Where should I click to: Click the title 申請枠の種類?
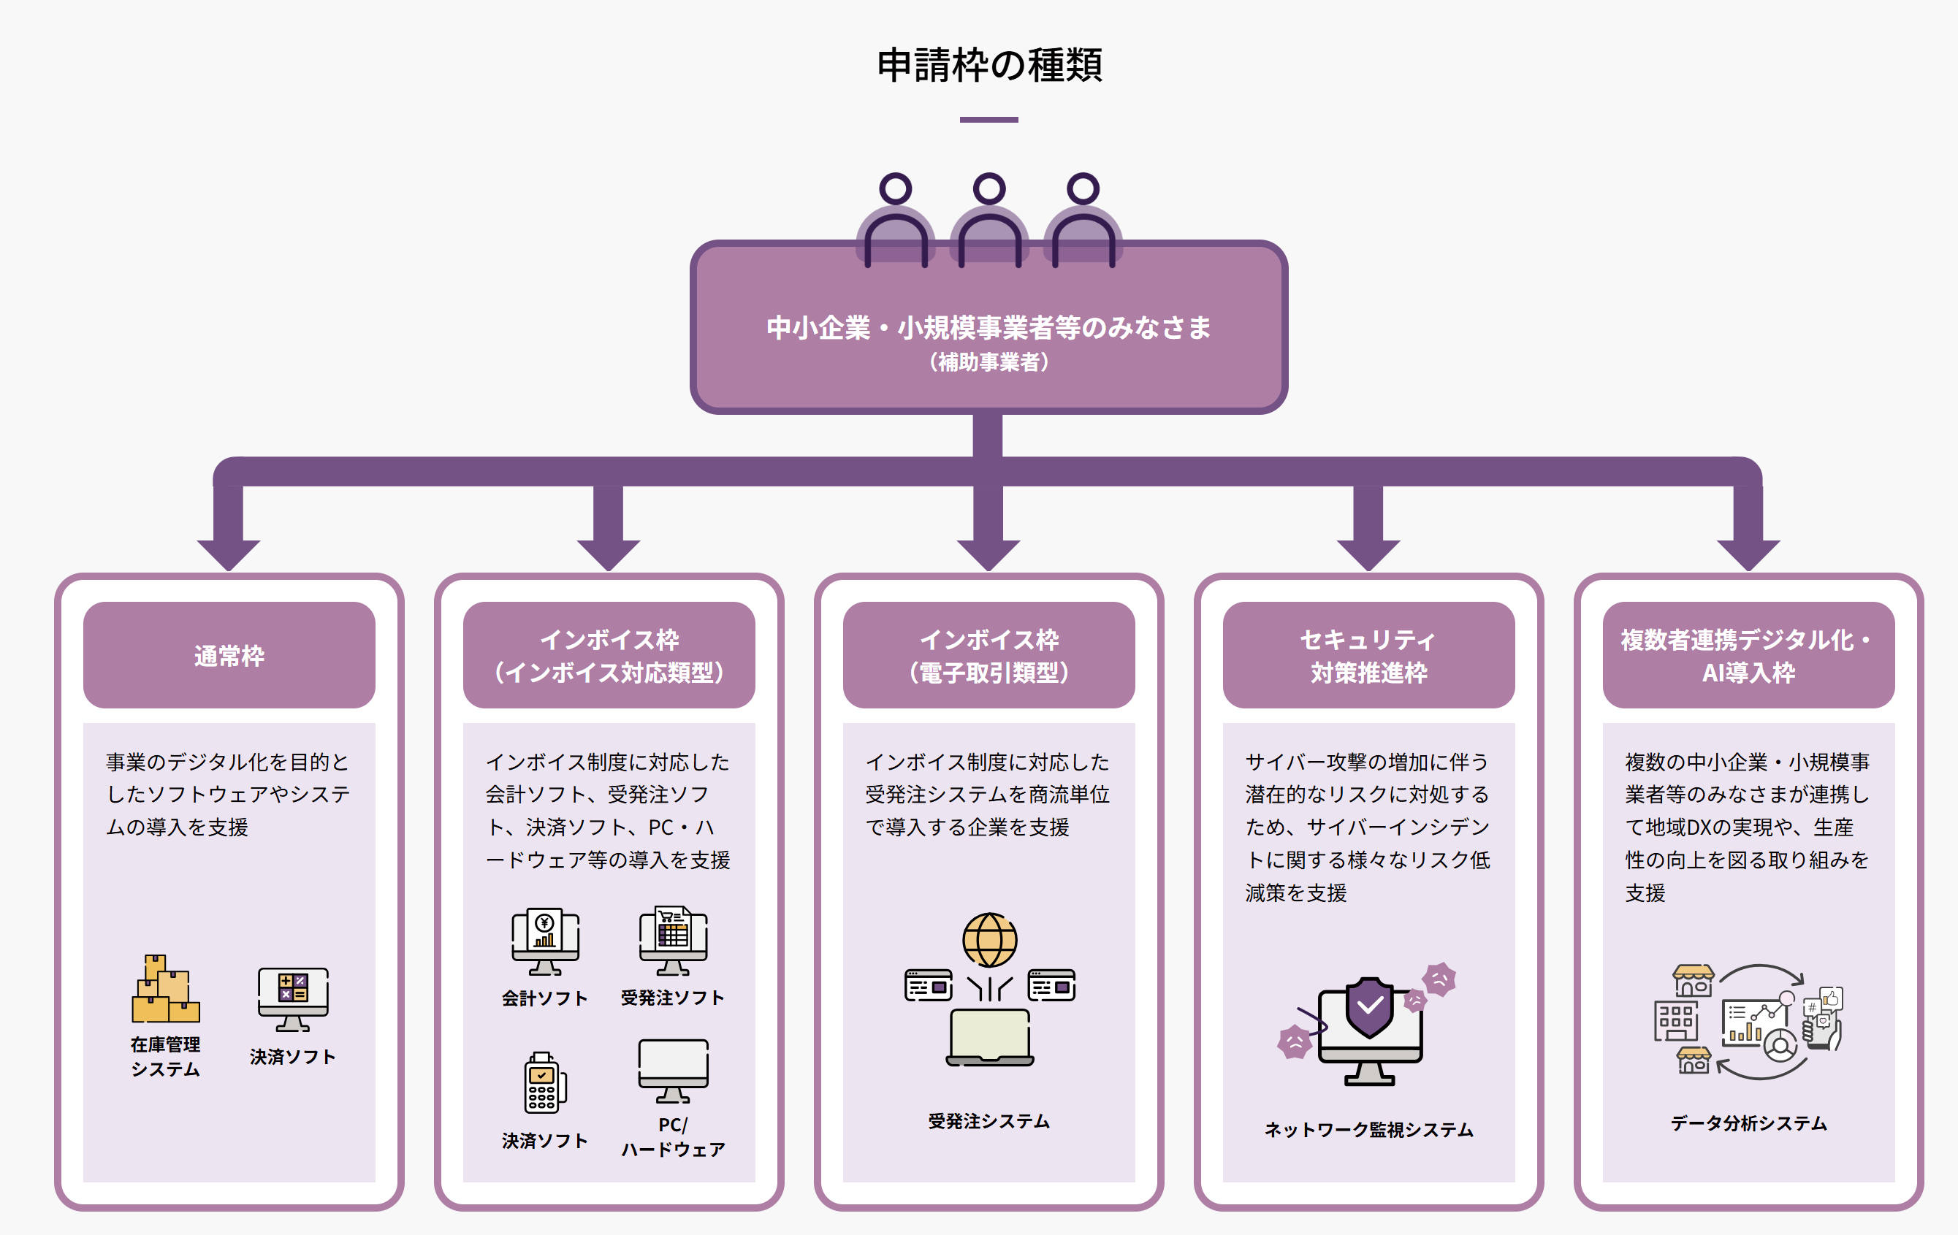pyautogui.click(x=988, y=65)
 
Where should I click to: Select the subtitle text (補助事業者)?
pyautogui.click(x=988, y=362)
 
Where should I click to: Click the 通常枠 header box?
pyautogui.click(x=229, y=655)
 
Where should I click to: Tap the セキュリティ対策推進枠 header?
pyautogui.click(x=1368, y=655)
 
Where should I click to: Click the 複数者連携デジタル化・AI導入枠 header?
pyautogui.click(x=1748, y=655)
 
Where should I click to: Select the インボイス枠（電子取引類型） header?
pyautogui.click(x=988, y=655)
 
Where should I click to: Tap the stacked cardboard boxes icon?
pyautogui.click(x=166, y=990)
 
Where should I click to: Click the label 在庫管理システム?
pyautogui.click(x=166, y=1056)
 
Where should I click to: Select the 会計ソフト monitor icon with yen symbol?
pyautogui.click(x=545, y=941)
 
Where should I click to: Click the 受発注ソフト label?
pyautogui.click(x=672, y=998)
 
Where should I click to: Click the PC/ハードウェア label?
pyautogui.click(x=674, y=1136)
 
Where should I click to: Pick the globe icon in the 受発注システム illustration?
pyautogui.click(x=989, y=940)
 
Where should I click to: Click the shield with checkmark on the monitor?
pyautogui.click(x=1369, y=1006)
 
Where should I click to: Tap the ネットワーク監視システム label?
pyautogui.click(x=1368, y=1129)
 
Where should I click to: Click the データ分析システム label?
pyautogui.click(x=1748, y=1123)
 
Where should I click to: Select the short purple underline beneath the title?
pyautogui.click(x=988, y=120)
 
